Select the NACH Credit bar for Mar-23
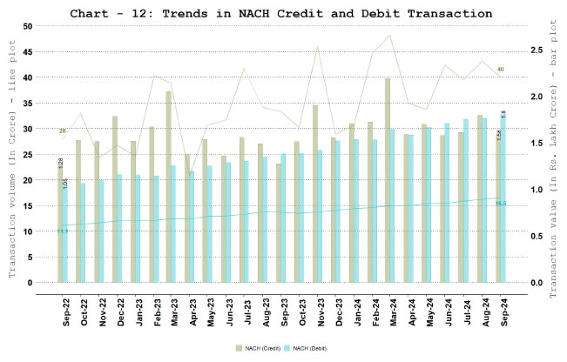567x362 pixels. coord(168,187)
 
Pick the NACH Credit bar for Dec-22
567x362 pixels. coord(114,199)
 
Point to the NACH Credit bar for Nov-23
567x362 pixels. coord(314,194)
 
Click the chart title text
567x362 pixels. coord(283,14)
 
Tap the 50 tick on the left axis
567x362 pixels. coord(27,26)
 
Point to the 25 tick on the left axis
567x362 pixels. coord(27,155)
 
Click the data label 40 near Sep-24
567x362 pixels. coord(500,69)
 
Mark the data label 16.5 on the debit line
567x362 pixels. coord(501,204)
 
